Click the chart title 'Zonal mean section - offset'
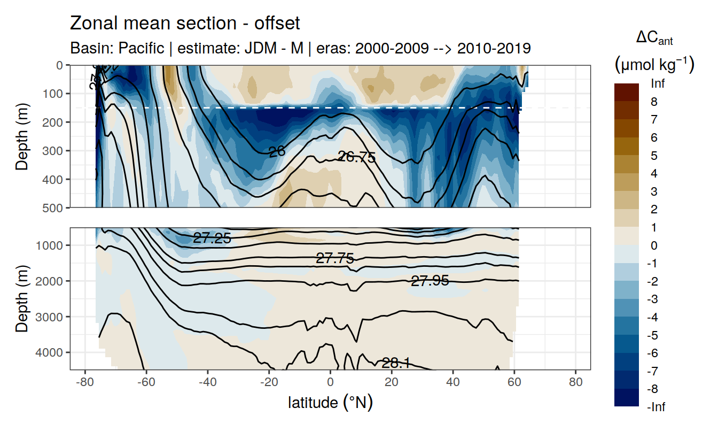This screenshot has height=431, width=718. click(185, 24)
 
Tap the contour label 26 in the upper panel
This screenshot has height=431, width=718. click(277, 152)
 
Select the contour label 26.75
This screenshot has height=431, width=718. click(357, 157)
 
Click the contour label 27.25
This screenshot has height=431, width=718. click(212, 238)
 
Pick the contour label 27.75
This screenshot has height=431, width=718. click(335, 259)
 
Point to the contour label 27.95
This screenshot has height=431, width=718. click(430, 280)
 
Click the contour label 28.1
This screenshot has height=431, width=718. click(395, 364)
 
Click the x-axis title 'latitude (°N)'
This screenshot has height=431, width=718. click(330, 402)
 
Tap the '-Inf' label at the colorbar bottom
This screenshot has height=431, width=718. click(657, 407)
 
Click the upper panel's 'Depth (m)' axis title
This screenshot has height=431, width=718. click(22, 136)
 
